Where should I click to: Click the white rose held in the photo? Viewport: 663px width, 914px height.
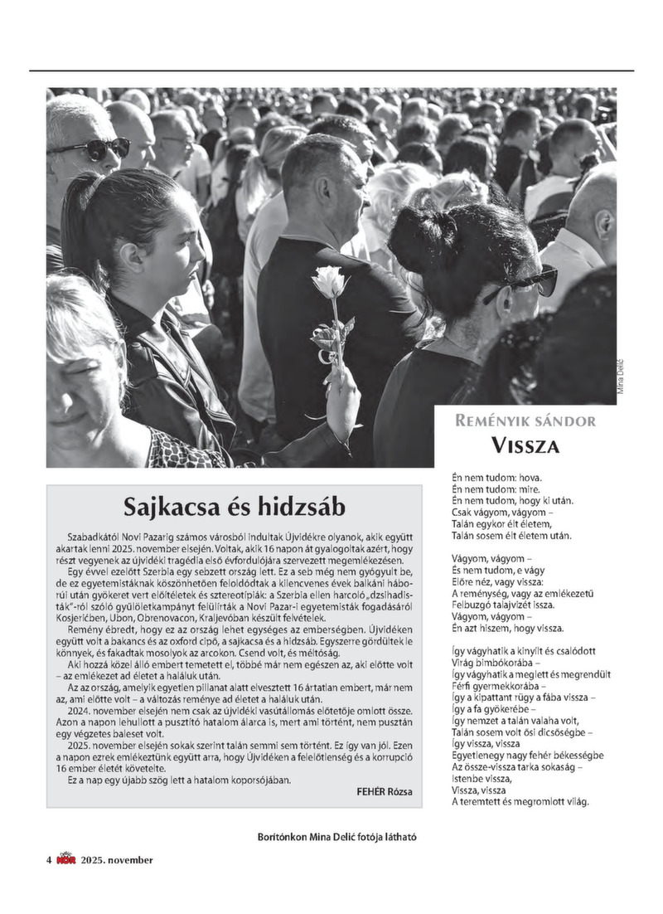329,283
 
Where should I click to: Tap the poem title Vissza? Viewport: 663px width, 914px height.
525,445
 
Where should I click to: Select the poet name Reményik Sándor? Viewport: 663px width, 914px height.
525,421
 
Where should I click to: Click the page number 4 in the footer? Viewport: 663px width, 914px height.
49,860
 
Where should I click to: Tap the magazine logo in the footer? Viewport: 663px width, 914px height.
65,860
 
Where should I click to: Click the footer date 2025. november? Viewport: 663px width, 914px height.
117,860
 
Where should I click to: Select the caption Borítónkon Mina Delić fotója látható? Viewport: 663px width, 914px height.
337,837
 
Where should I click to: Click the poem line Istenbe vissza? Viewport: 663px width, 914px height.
481,780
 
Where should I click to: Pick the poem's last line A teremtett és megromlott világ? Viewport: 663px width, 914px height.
520,802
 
